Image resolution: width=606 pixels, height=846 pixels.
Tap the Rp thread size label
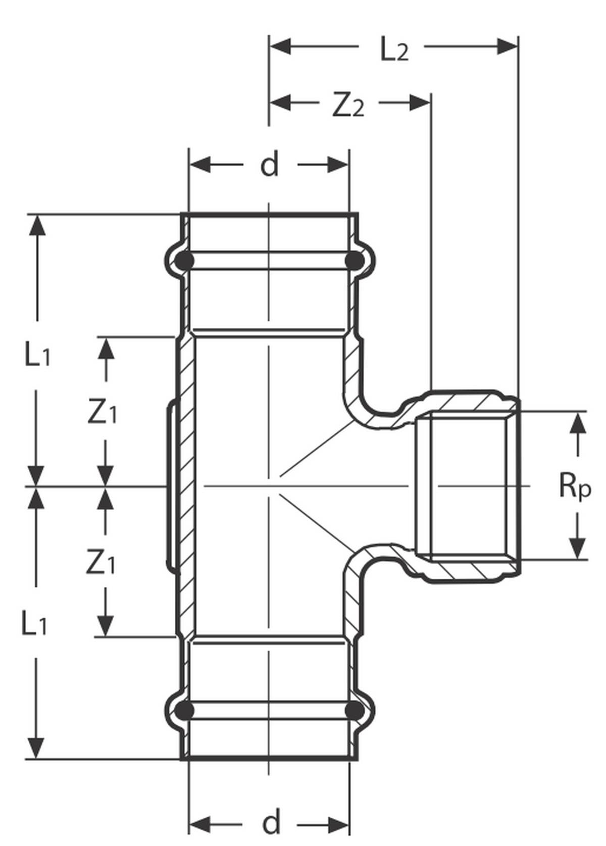pyautogui.click(x=574, y=486)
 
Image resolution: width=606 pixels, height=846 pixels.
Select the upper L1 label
pyautogui.click(x=37, y=355)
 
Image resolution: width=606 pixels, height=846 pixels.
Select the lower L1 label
pyautogui.click(x=34, y=624)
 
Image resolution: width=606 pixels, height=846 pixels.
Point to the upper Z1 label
pyautogui.click(x=102, y=413)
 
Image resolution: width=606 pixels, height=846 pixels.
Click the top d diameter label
pyautogui.click(x=269, y=165)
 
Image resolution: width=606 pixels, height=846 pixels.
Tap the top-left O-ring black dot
pyautogui.click(x=185, y=261)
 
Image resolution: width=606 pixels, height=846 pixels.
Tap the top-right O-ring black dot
pyautogui.click(x=354, y=261)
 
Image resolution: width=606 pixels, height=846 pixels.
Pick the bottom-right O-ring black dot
pyautogui.click(x=354, y=711)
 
